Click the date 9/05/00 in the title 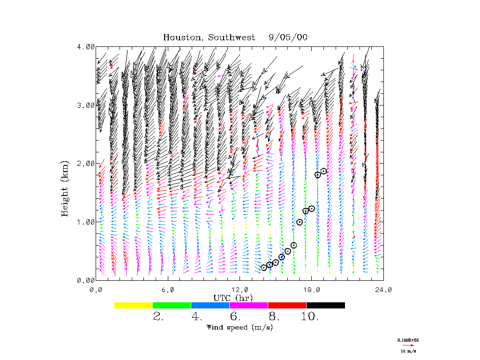click(x=288, y=37)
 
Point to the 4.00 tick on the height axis click(x=86, y=47)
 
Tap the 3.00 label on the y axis click(x=86, y=105)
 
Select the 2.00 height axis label click(x=86, y=164)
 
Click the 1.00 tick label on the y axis click(x=86, y=222)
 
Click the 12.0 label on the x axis click(x=240, y=290)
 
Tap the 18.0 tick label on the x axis click(x=311, y=290)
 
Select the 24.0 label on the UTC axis click(x=383, y=290)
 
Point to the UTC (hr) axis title click(x=233, y=298)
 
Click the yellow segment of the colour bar click(x=134, y=305)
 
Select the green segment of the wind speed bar click(x=172, y=305)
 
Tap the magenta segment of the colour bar click(x=249, y=305)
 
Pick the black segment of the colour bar click(x=326, y=305)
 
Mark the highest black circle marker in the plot click(x=323, y=171)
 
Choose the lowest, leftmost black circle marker click(x=264, y=267)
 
